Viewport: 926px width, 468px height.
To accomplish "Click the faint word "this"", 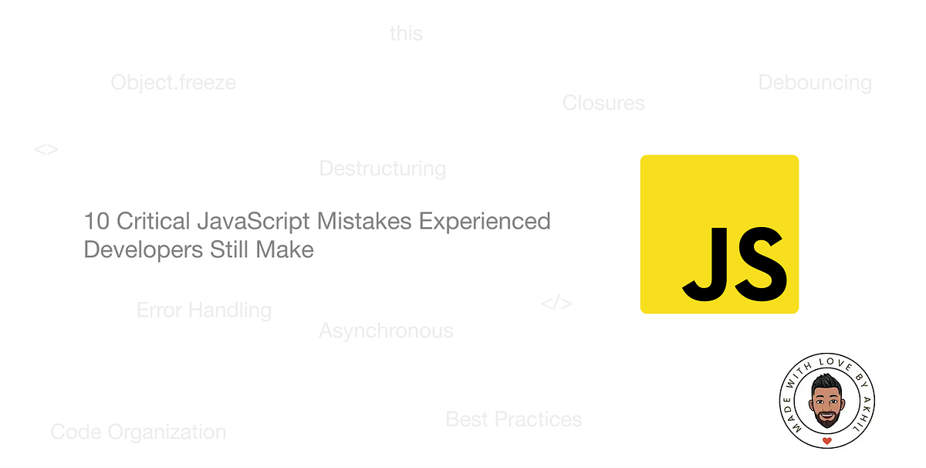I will [x=407, y=34].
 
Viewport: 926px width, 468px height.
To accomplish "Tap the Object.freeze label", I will [x=174, y=83].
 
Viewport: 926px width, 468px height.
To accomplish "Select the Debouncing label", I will [x=815, y=83].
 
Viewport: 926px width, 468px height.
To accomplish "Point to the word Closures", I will [x=603, y=103].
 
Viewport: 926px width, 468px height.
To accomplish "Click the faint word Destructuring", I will [x=383, y=168].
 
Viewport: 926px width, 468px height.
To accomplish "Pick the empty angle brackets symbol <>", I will [x=46, y=150].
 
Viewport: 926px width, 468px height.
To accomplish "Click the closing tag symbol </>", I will [x=556, y=303].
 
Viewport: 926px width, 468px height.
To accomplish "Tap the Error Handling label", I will [x=204, y=310].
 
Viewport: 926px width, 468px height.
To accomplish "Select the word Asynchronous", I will [x=386, y=331].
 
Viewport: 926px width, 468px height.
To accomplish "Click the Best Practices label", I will [x=514, y=419].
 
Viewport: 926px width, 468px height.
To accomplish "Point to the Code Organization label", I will [x=139, y=432].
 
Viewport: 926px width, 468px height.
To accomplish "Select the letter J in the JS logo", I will [x=704, y=263].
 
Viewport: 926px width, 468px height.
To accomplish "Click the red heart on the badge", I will [x=827, y=441].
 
